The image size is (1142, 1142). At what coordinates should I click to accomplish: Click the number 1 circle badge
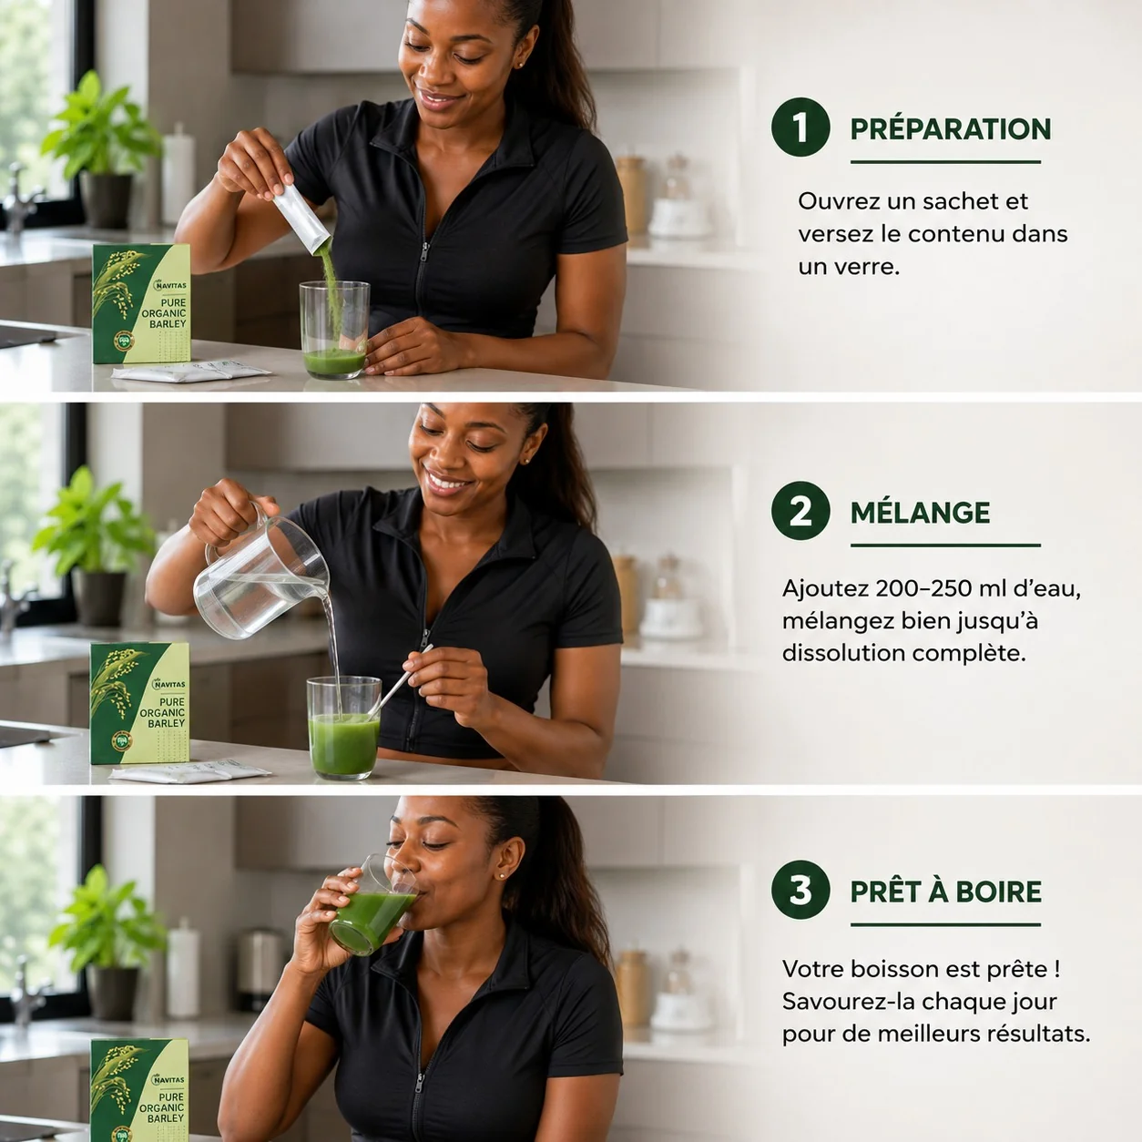800,127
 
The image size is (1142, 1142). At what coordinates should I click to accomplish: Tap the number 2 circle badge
800,511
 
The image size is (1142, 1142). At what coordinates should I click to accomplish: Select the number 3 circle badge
800,890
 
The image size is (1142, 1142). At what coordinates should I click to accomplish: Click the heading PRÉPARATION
951,128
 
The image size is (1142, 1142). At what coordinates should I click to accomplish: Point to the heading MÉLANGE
921,512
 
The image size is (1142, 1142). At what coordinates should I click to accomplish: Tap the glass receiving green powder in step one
335,329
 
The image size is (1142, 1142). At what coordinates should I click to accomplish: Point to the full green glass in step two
343,728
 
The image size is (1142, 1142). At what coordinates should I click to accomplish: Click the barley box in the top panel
142,303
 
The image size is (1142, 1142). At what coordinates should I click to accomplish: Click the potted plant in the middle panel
95,546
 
